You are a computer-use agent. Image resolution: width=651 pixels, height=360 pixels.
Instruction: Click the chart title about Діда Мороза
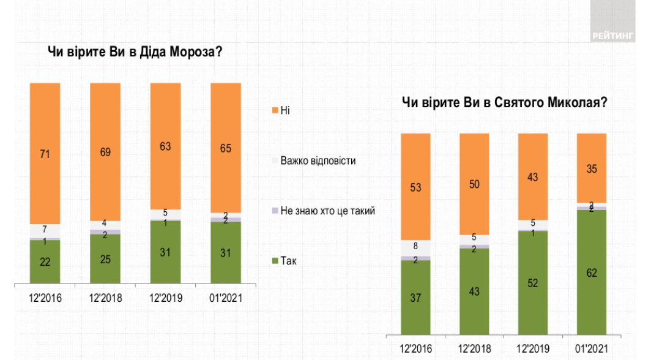[x=134, y=52]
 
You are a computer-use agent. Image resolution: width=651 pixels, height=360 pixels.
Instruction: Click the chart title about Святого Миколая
[x=504, y=103]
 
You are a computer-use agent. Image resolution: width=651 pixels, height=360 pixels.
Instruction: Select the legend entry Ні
[x=285, y=110]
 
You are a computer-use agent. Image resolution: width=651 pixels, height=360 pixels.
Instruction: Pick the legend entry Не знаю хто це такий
[x=327, y=211]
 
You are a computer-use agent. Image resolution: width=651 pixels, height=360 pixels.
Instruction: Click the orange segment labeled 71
[x=45, y=153]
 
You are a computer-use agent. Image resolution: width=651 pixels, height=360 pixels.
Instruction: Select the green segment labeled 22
[x=45, y=263]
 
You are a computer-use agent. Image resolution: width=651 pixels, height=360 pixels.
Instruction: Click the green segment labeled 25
[x=105, y=260]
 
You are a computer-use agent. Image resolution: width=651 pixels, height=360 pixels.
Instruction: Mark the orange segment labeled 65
[x=225, y=148]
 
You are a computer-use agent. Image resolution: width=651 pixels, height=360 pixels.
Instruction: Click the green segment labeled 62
[x=592, y=272]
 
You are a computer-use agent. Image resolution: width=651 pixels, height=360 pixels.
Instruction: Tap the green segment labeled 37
[x=415, y=298]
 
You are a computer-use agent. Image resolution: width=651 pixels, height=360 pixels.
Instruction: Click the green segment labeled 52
[x=533, y=283]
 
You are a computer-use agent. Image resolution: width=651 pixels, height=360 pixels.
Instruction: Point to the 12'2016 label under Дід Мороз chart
[x=45, y=299]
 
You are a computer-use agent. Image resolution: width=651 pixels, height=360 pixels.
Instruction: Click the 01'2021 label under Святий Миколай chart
[x=592, y=349]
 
